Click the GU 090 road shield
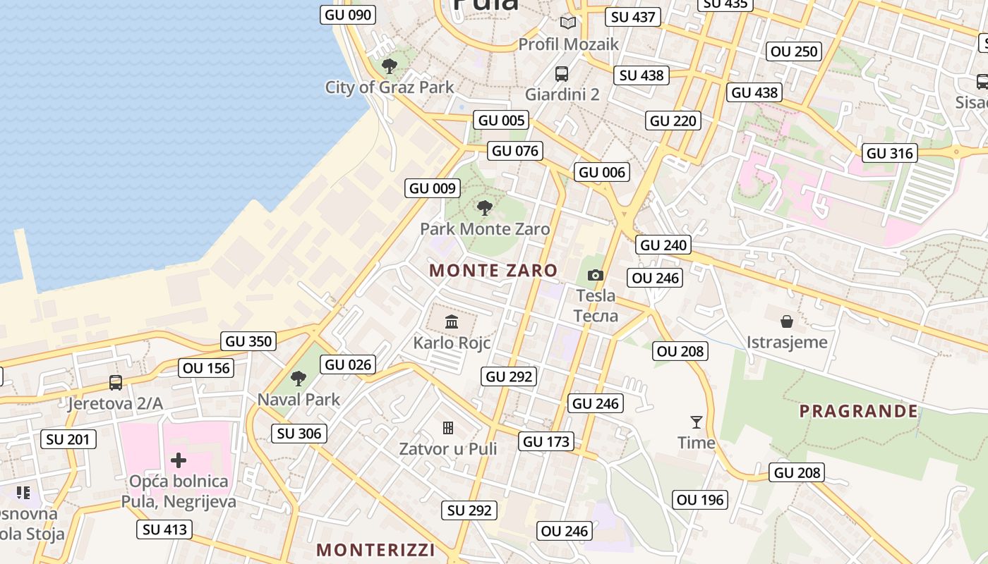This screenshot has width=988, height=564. [x=349, y=15]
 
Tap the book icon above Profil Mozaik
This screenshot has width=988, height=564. [x=568, y=23]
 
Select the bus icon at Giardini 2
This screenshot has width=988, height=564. [x=562, y=73]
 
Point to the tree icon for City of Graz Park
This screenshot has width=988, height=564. [x=389, y=66]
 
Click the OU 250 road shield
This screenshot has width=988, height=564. [x=794, y=51]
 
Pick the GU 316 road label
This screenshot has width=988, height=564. [x=890, y=153]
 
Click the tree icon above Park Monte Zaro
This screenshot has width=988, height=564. [x=484, y=207]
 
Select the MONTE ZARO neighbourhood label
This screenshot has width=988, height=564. [x=493, y=270]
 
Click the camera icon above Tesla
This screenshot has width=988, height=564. [x=596, y=275]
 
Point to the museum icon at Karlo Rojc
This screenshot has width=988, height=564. [x=452, y=322]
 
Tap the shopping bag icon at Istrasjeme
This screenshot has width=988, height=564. [x=787, y=322]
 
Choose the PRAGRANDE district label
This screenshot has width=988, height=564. [x=858, y=411]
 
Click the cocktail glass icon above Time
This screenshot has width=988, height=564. [x=697, y=422]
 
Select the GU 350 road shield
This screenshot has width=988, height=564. [x=248, y=342]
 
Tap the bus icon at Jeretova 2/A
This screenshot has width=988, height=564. [x=116, y=383]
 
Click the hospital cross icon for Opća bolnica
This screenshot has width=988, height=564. [x=179, y=460]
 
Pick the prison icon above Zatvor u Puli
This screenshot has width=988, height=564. [x=447, y=428]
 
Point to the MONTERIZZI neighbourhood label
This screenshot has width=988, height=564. [x=375, y=550]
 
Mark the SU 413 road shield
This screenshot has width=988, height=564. [x=164, y=529]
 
